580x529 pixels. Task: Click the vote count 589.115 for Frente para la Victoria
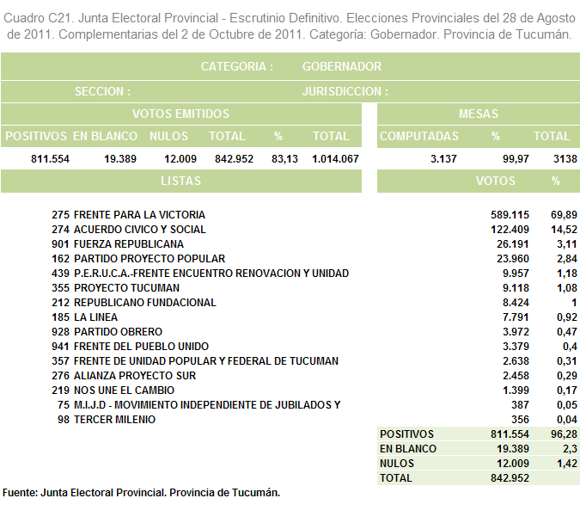point(510,215)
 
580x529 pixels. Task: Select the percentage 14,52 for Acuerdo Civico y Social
point(564,230)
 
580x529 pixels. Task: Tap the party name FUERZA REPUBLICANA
point(129,244)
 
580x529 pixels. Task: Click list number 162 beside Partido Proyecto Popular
point(60,258)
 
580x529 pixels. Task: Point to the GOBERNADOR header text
point(342,66)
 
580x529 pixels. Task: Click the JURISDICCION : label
point(345,91)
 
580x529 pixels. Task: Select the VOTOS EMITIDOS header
point(181,114)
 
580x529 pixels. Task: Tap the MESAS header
point(479,114)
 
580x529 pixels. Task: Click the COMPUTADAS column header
point(419,136)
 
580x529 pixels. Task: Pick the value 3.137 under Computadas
point(443,159)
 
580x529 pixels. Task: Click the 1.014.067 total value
point(335,159)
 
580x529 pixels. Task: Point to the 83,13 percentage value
point(284,159)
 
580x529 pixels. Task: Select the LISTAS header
point(181,181)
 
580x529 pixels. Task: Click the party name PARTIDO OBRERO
point(118,332)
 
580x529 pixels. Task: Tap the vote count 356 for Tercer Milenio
point(520,420)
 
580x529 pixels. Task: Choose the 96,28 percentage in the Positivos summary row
point(564,434)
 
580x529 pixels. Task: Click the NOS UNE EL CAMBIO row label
point(124,391)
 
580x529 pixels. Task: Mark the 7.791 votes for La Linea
point(516,317)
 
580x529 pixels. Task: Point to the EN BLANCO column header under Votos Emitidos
point(105,136)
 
